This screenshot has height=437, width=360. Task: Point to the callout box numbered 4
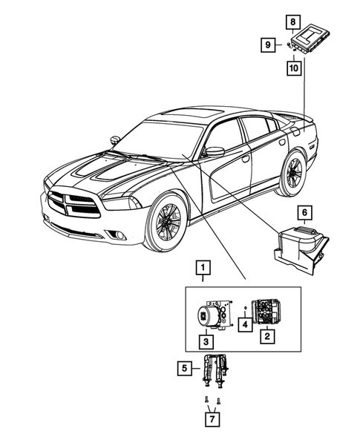point(246,323)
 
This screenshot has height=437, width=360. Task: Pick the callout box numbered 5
point(183,366)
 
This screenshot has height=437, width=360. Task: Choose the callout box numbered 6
point(304,213)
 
